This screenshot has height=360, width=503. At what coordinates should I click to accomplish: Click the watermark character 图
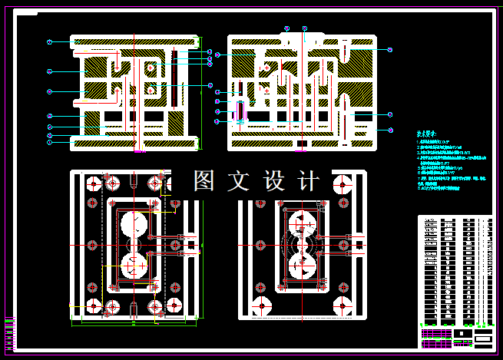[204, 181]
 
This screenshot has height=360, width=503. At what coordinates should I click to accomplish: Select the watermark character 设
[274, 181]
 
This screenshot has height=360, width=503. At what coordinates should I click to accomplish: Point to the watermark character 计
[307, 181]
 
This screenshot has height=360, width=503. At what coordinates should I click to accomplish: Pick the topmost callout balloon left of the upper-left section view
[49, 41]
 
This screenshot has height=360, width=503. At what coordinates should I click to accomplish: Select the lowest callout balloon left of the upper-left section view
[49, 142]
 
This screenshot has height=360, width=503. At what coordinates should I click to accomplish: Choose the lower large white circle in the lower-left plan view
[135, 266]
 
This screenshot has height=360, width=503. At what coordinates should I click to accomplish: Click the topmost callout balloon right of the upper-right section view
[390, 50]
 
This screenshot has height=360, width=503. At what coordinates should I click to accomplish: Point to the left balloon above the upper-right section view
[286, 28]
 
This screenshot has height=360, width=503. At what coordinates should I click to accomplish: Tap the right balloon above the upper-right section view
[305, 28]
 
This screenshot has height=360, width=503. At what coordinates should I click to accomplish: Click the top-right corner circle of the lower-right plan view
[338, 184]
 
